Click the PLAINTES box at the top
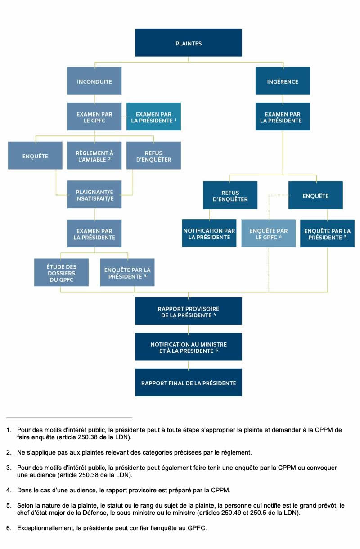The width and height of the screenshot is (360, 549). click(x=188, y=43)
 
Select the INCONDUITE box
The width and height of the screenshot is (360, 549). click(x=94, y=81)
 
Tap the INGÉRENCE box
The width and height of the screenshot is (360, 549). click(x=283, y=81)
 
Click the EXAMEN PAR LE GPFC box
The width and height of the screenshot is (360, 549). click(x=94, y=117)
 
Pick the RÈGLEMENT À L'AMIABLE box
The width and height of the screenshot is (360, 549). click(x=94, y=156)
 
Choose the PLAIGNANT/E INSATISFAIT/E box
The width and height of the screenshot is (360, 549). click(x=94, y=194)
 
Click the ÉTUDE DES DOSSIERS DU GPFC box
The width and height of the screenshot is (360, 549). click(x=61, y=272)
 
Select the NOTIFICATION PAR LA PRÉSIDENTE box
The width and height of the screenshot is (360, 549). click(x=209, y=233)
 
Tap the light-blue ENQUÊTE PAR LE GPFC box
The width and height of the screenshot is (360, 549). click(x=269, y=233)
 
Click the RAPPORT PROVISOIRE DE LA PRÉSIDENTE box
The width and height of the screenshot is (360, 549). click(x=188, y=311)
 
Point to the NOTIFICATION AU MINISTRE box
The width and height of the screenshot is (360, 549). click(x=188, y=347)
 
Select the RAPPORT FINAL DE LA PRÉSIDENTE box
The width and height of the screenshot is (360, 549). click(x=188, y=382)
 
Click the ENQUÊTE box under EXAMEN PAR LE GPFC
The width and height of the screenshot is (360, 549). click(x=35, y=156)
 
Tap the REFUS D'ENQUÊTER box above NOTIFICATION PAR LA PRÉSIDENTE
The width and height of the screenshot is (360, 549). click(x=230, y=195)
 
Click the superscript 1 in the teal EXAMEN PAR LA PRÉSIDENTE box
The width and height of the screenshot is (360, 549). click(x=175, y=120)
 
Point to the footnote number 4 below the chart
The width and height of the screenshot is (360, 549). click(x=9, y=490)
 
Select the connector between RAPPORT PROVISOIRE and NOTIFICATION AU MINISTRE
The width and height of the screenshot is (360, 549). click(x=188, y=329)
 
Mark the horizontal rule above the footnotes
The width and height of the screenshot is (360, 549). click(x=69, y=417)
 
